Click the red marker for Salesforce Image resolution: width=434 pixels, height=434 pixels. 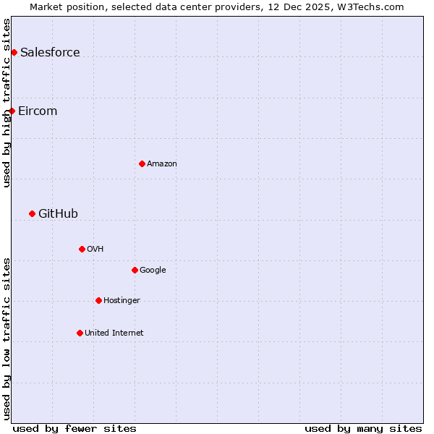(x=14, y=52)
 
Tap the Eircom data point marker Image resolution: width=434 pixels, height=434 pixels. (x=12, y=111)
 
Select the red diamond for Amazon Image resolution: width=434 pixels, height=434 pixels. (x=142, y=163)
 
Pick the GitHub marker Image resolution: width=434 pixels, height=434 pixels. (x=32, y=213)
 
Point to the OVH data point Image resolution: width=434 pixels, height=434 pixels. (x=82, y=249)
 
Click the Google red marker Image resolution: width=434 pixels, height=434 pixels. (x=135, y=270)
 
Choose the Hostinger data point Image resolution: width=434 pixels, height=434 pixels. (x=98, y=300)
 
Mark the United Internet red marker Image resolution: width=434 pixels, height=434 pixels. (x=80, y=333)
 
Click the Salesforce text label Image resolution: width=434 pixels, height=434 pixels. (x=50, y=52)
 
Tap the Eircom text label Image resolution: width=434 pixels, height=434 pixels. (x=38, y=111)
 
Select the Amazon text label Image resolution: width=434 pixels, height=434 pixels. (x=162, y=163)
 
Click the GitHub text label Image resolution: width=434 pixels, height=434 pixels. (x=58, y=213)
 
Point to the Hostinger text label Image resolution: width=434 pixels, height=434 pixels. (x=122, y=300)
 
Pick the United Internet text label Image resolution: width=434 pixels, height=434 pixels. (x=114, y=333)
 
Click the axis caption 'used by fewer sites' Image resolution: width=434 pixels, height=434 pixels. (x=75, y=428)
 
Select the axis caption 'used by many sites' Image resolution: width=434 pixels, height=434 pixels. (x=363, y=428)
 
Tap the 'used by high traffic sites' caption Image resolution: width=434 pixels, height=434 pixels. (x=7, y=103)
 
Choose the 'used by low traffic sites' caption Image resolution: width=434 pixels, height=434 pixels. (x=7, y=339)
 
